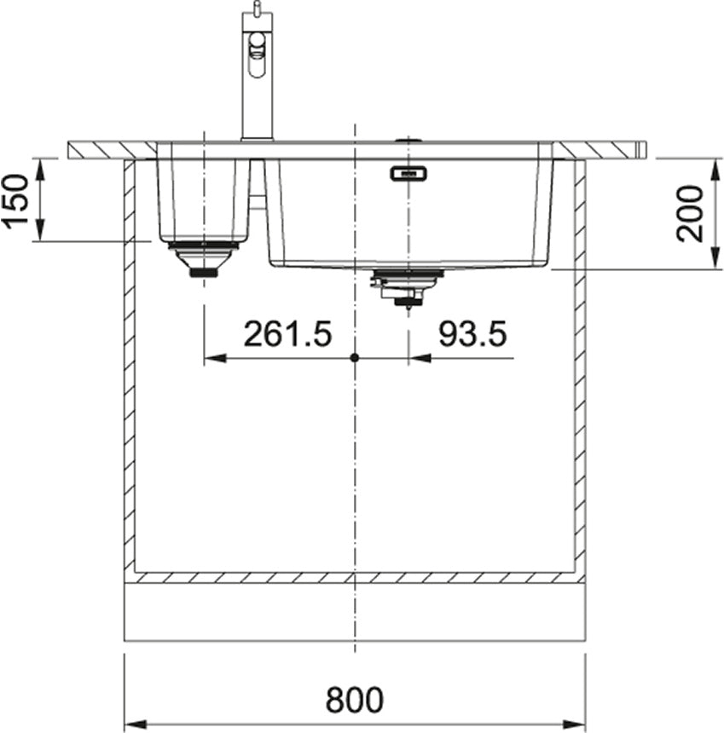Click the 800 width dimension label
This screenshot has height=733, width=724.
(354, 700)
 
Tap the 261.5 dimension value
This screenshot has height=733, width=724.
(287, 334)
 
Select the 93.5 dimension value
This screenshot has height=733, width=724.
(472, 334)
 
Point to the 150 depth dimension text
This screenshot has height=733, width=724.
(16, 201)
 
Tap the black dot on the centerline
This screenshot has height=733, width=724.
(355, 358)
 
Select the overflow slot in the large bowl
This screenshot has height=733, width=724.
(408, 175)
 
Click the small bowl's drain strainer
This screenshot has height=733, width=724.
(204, 258)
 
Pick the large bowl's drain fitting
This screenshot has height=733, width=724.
(407, 286)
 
